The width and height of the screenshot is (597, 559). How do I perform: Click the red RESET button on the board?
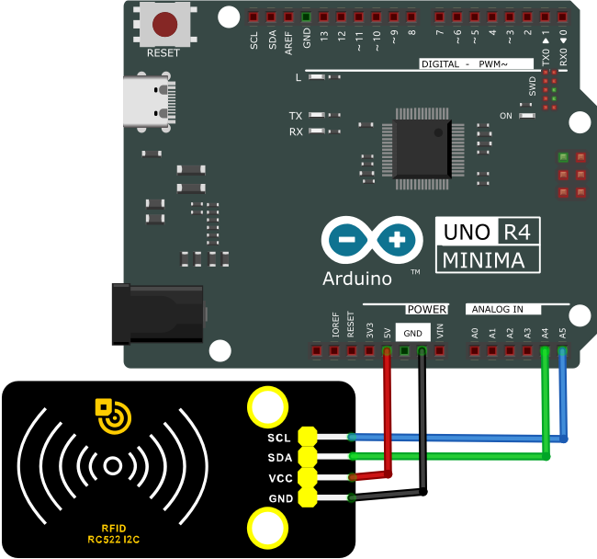pyautogui.click(x=164, y=24)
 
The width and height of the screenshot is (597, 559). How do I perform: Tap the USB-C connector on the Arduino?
pyautogui.click(x=149, y=101)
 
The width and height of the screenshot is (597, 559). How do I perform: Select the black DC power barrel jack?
pyautogui.click(x=158, y=314)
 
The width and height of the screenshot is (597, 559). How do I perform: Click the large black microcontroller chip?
pyautogui.click(x=422, y=149)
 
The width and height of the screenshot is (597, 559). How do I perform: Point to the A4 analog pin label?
pyautogui.click(x=545, y=334)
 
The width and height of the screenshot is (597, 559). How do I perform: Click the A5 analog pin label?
pyautogui.click(x=562, y=334)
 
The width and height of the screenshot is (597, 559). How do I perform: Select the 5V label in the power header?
pyautogui.click(x=387, y=334)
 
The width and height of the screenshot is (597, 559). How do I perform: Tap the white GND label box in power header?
pyautogui.click(x=413, y=333)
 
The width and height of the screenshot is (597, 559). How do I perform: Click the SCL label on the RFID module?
pyautogui.click(x=279, y=438)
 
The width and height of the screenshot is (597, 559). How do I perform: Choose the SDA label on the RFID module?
pyautogui.click(x=280, y=458)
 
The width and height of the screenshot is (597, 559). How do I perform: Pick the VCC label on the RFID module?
pyautogui.click(x=281, y=478)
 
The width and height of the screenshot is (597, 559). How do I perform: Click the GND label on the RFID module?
pyautogui.click(x=281, y=498)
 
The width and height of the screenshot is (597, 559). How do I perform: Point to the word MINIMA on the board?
pyautogui.click(x=483, y=260)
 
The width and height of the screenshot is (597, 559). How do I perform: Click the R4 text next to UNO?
pyautogui.click(x=517, y=232)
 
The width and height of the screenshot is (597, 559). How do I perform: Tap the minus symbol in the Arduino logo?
pyautogui.click(x=347, y=240)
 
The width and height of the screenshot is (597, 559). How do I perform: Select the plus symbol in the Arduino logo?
pyautogui.click(x=397, y=240)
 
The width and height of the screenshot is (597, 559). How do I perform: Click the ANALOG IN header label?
pyautogui.click(x=497, y=309)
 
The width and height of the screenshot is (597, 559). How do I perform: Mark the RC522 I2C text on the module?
pyautogui.click(x=114, y=540)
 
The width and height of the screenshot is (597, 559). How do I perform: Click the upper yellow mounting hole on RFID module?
pyautogui.click(x=267, y=406)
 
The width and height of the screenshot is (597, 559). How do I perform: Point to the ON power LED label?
pyautogui.click(x=506, y=116)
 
